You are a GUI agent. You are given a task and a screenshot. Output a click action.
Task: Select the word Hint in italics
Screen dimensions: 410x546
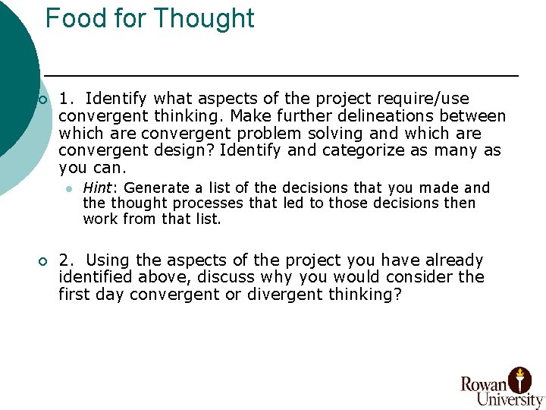97,188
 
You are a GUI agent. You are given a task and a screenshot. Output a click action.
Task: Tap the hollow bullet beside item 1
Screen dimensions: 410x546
42,100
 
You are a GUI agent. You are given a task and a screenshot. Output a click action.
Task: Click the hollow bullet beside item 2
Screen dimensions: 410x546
42,262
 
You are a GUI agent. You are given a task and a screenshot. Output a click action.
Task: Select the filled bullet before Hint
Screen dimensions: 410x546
68,188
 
